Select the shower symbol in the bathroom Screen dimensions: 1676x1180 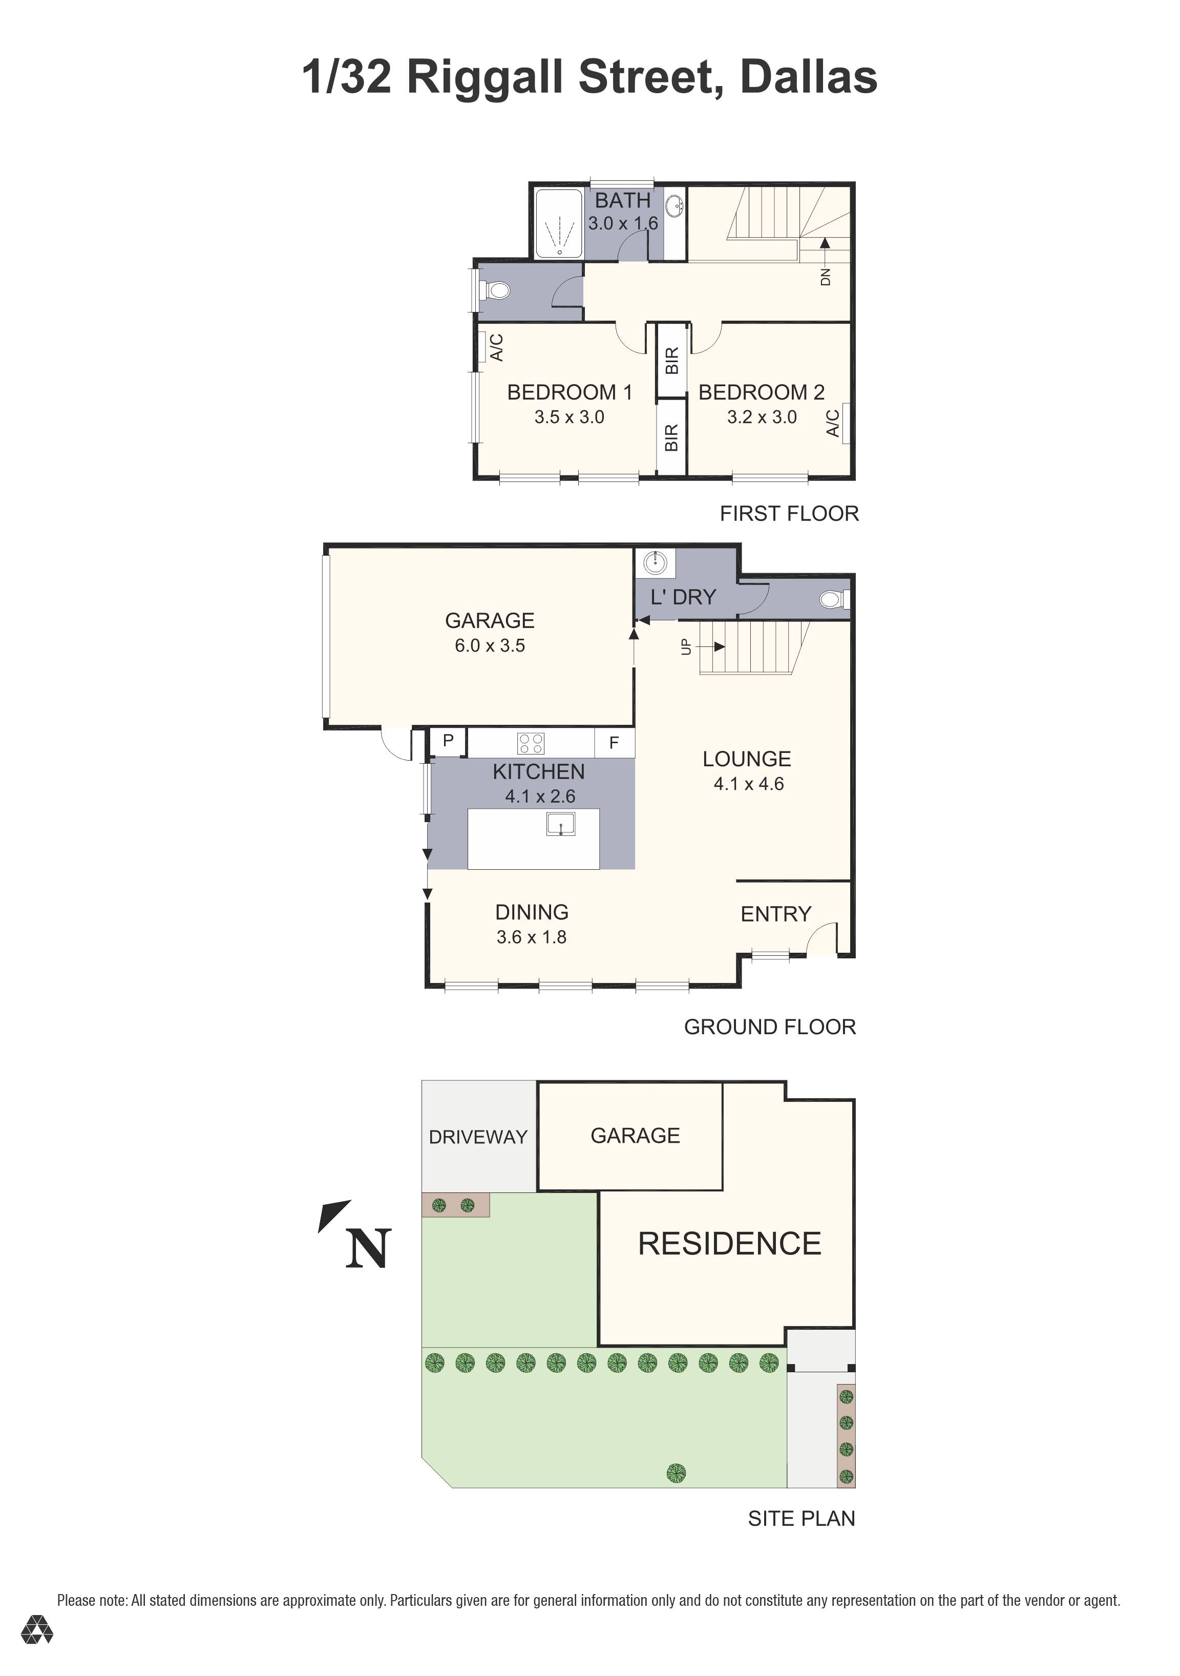click(x=558, y=224)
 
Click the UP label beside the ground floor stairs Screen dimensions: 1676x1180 click(x=685, y=647)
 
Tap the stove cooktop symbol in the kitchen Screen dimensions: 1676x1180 click(x=531, y=743)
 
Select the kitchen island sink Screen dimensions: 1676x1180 click(x=560, y=825)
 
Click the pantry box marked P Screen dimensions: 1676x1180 click(x=448, y=741)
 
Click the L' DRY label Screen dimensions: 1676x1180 click(x=683, y=597)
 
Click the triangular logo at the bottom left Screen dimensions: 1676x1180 click(x=36, y=1650)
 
